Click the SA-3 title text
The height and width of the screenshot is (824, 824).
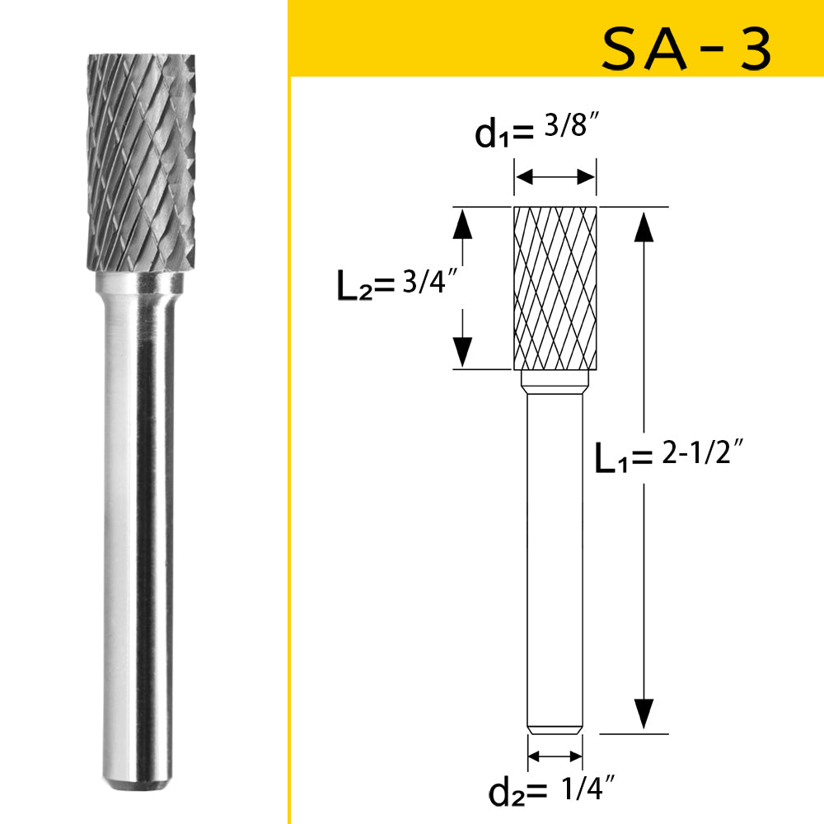coord(686,49)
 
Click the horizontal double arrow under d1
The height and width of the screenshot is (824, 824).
coord(555,176)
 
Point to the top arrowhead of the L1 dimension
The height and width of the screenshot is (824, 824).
coord(644,222)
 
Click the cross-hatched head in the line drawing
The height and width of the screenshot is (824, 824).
coord(555,288)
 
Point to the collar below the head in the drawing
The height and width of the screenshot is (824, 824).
coord(555,382)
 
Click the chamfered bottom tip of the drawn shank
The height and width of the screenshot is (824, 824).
coord(555,729)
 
